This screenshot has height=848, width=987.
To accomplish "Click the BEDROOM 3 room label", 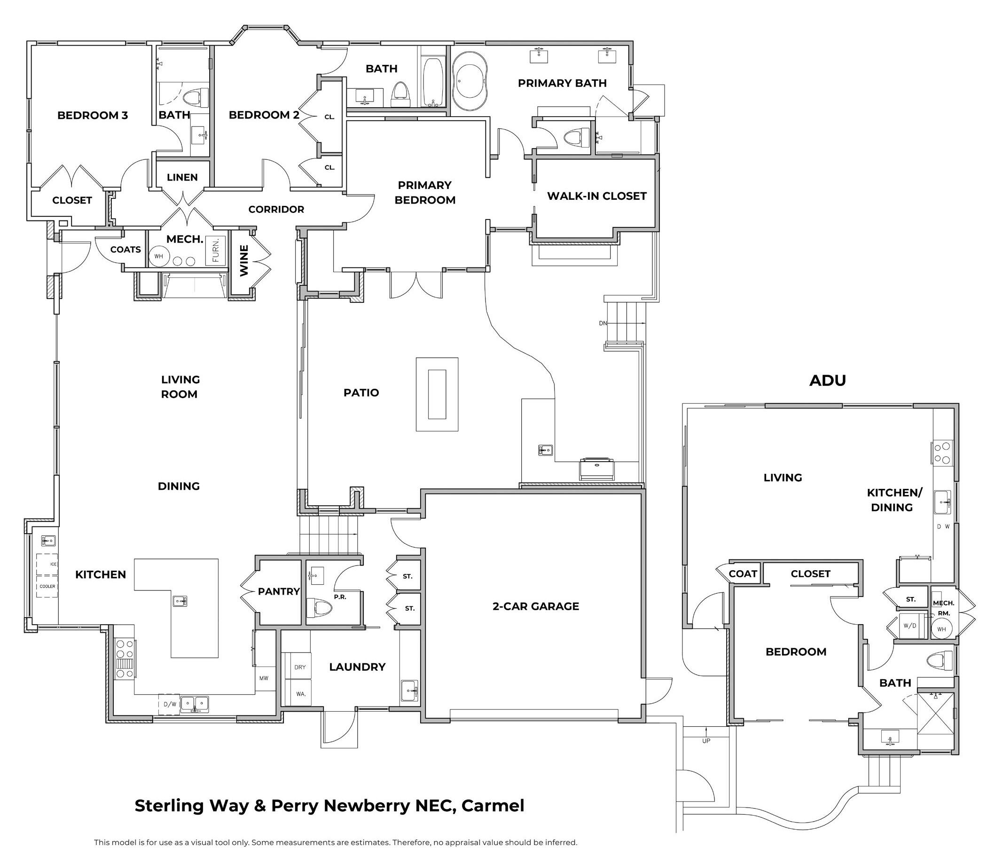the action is tap(93, 115).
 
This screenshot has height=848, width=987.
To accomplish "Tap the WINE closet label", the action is tap(244, 260).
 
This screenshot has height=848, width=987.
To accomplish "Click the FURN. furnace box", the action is tap(215, 250).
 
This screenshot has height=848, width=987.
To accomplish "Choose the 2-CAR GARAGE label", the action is tap(535, 606).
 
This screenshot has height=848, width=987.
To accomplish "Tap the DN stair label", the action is tap(603, 323).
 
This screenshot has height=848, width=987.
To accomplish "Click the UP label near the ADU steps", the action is tap(706, 741).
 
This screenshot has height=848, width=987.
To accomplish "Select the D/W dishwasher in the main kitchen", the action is tap(170, 704).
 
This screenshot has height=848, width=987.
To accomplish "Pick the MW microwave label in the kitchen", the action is tap(264, 678).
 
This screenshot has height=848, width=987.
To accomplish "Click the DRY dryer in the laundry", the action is tap(300, 667).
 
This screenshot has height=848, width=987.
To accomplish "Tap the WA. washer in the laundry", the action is tap(300, 694).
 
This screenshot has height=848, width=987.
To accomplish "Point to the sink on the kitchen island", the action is tap(180, 601).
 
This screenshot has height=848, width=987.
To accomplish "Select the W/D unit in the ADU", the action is tap(909, 626).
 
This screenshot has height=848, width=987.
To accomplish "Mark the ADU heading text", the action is tap(827, 380).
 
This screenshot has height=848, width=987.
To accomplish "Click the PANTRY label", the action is tap(279, 592).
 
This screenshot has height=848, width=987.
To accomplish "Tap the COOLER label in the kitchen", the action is tap(47, 587).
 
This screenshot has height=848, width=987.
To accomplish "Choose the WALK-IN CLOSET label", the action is tap(596, 196).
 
